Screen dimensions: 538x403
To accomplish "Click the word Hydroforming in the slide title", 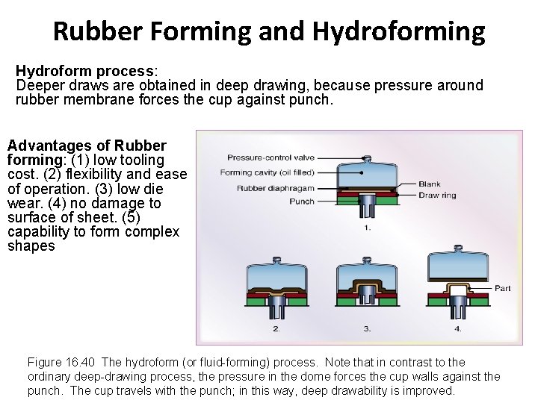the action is click(x=398, y=31).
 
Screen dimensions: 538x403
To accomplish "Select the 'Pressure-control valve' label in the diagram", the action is click(x=270, y=157).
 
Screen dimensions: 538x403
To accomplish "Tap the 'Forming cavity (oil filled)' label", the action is click(x=267, y=172).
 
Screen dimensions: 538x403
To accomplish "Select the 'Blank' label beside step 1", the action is click(x=429, y=184).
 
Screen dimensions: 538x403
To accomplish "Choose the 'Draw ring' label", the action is click(x=436, y=196).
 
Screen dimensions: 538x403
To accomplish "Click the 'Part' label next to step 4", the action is click(x=502, y=288).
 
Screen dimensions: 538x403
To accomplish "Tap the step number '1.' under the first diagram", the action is click(x=367, y=228).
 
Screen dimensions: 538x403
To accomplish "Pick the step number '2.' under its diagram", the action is click(x=276, y=328).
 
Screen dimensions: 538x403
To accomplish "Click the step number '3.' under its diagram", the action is click(x=367, y=328).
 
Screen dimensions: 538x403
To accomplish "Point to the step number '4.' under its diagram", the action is click(x=457, y=328).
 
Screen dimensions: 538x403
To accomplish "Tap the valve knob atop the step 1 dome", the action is click(x=366, y=157).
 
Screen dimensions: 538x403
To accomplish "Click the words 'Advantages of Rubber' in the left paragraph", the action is click(x=87, y=146).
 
